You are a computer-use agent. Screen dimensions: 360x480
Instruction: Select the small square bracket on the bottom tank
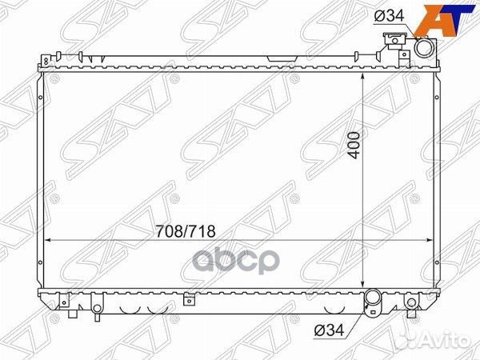point(186,299)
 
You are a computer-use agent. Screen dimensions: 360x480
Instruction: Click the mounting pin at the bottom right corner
point(411,303)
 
